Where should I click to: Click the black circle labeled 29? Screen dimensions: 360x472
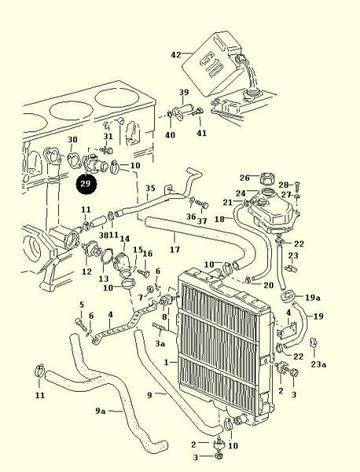[86, 184]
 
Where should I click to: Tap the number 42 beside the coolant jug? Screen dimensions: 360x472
[176, 55]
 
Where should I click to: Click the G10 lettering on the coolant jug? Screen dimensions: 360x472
[211, 67]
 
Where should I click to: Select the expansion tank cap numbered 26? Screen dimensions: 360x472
[266, 178]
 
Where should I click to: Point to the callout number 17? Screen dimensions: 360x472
[174, 249]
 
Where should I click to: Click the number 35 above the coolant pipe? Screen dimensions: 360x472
[150, 188]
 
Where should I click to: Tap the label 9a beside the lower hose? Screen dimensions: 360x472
[101, 411]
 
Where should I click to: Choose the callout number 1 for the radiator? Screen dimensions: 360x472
[167, 362]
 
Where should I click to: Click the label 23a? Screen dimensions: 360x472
[318, 364]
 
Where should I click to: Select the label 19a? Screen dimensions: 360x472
[313, 297]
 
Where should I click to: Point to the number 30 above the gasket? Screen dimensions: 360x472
[72, 140]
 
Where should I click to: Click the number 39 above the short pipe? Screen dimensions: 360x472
[184, 92]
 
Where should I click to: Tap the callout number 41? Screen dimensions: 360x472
[201, 133]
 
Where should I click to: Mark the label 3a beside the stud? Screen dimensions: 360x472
[160, 343]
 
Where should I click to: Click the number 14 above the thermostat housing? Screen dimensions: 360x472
[125, 238]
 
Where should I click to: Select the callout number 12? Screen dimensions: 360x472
[86, 271]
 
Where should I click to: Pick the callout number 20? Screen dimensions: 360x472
[269, 285]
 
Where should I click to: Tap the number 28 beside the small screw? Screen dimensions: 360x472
[284, 185]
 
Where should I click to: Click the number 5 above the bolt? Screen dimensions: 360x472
[82, 305]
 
